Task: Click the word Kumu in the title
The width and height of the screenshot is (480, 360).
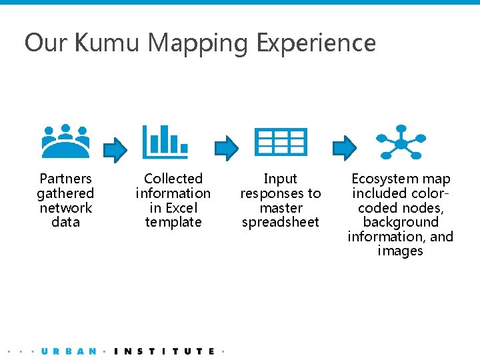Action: (x=107, y=43)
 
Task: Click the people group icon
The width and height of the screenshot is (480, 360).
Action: (x=65, y=141)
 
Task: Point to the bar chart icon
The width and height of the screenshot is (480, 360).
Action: (x=165, y=141)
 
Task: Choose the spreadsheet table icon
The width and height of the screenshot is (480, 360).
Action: (x=281, y=141)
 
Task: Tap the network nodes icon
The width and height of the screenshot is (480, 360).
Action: (x=401, y=141)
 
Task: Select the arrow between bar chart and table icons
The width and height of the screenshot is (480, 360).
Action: (x=227, y=148)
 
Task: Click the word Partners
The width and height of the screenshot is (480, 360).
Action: (x=65, y=179)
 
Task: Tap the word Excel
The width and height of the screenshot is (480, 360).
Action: (x=179, y=208)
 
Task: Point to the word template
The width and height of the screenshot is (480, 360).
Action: (x=173, y=222)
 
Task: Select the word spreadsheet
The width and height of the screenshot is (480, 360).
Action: (x=281, y=222)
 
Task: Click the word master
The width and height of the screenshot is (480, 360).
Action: (x=281, y=208)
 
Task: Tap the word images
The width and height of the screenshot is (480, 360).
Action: (x=400, y=251)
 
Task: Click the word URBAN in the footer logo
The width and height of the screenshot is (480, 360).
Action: (x=69, y=351)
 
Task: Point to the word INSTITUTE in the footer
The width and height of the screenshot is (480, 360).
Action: (x=165, y=351)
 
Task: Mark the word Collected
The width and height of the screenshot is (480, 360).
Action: (x=173, y=179)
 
